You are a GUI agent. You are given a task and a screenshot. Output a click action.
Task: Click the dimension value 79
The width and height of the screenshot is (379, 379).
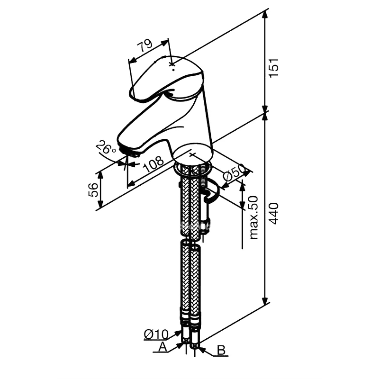(144, 45)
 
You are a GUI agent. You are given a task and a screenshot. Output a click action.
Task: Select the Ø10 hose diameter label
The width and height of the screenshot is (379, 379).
(154, 334)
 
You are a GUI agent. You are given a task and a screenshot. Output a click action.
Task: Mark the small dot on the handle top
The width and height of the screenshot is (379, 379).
(172, 63)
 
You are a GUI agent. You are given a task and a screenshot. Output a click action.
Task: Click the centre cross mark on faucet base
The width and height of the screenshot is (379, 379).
(192, 155)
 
